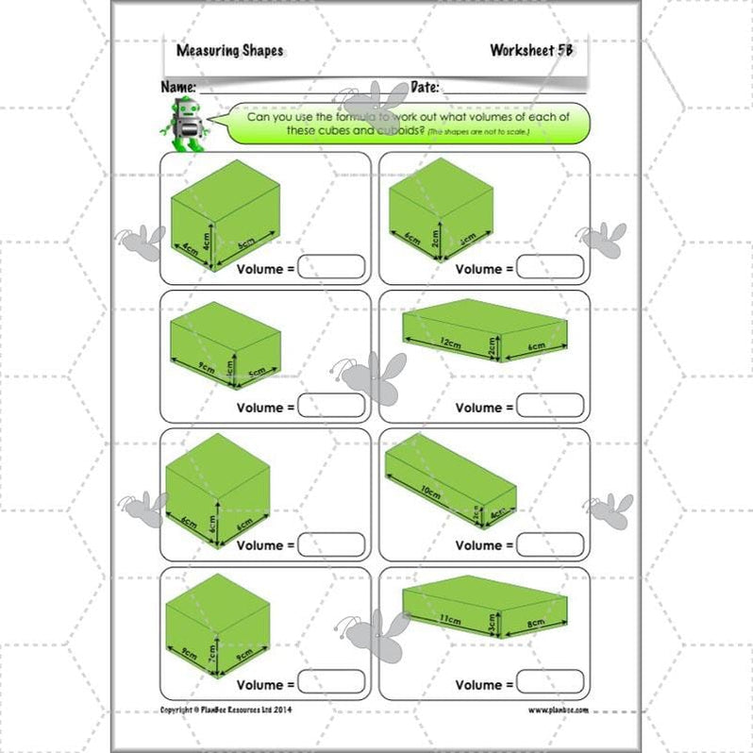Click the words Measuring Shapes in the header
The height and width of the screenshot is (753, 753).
[x=229, y=51]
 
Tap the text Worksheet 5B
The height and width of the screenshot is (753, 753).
[x=531, y=50]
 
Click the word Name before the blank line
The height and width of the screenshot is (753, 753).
[x=178, y=87]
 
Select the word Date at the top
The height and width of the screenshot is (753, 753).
[x=425, y=87]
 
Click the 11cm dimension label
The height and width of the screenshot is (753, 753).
[x=448, y=618]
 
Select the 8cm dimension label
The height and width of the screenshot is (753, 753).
[x=536, y=624]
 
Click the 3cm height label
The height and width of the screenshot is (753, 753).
[x=492, y=622]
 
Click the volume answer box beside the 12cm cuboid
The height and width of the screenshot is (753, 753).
[x=550, y=406]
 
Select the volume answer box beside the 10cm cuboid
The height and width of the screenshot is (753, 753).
[x=550, y=544]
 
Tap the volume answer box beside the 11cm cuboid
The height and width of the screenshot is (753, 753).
[x=550, y=682]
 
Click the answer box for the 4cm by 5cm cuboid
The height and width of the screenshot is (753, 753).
[x=331, y=267]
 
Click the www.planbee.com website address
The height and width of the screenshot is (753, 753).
[x=558, y=710]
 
